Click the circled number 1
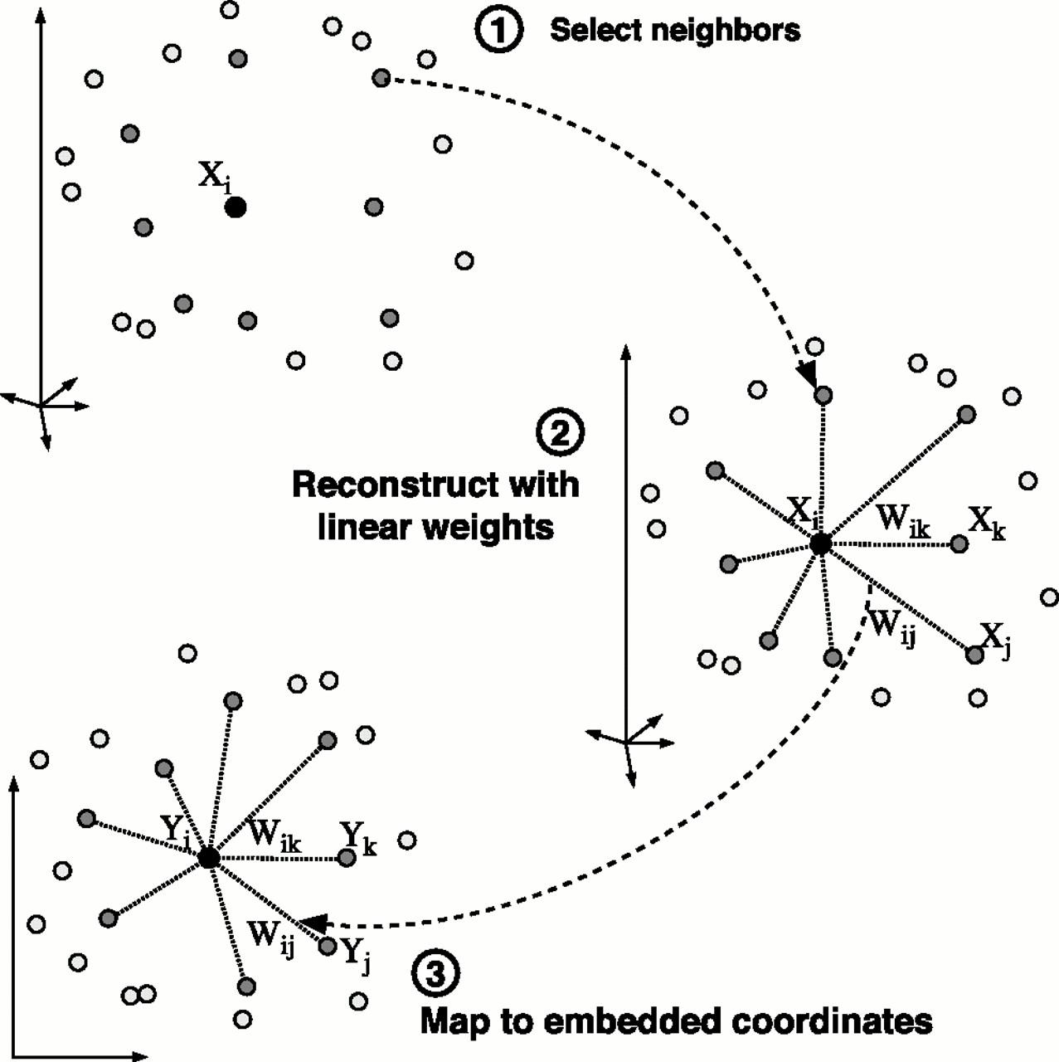tap(498, 31)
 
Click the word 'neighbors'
tap(726, 31)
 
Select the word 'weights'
tap(488, 528)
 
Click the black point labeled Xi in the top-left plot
tap(236, 207)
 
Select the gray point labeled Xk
tap(959, 544)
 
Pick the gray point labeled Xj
tap(974, 655)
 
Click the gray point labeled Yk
tap(347, 858)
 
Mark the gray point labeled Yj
tap(328, 947)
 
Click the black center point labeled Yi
tap(209, 858)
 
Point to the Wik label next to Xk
tap(903, 520)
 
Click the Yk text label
tap(358, 840)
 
